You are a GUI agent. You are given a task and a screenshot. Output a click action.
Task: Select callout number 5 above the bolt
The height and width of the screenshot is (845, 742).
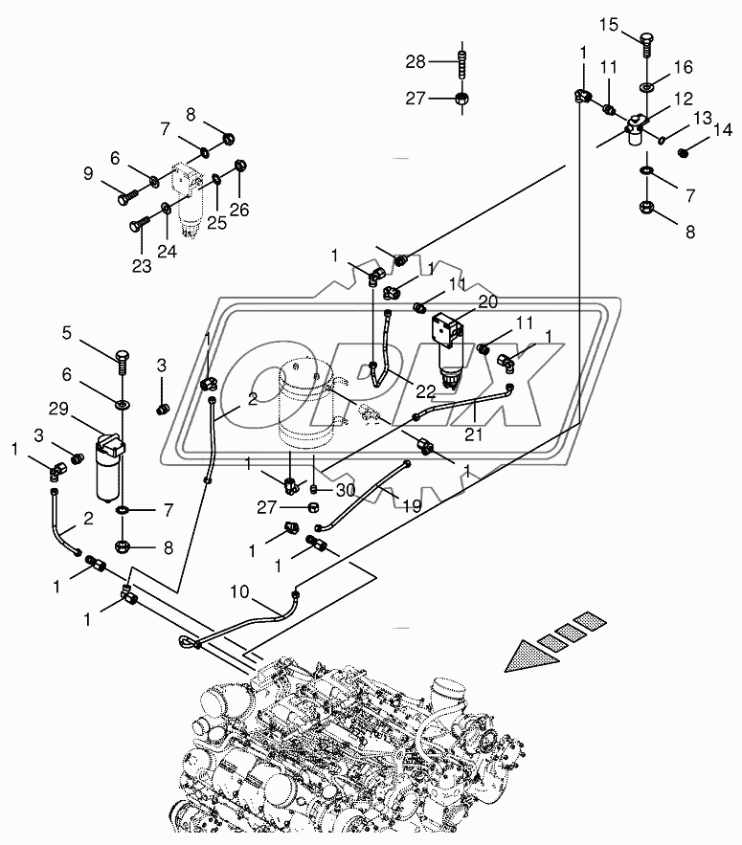pos(68,333)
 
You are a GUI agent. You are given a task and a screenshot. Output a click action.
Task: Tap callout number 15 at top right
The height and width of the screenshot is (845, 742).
pos(610,25)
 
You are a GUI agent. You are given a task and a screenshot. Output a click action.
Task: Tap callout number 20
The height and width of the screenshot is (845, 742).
pos(487,301)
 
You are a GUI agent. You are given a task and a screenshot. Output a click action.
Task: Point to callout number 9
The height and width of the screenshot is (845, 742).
pos(88,175)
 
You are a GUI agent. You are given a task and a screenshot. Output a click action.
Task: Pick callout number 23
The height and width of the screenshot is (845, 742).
pos(142,267)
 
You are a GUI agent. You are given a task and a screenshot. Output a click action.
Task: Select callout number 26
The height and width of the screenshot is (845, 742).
pos(238,210)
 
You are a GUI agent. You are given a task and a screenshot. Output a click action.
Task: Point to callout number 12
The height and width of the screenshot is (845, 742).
pos(683,99)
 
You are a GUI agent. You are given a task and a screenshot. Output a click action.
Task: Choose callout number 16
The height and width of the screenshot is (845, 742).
pos(683,67)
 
